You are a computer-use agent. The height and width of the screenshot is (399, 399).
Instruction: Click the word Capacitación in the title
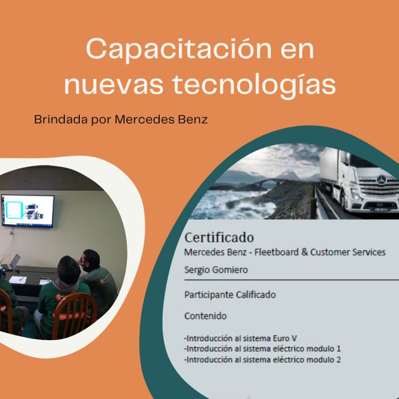pos(179,49)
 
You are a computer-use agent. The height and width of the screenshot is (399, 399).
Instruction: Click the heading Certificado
pos(219,238)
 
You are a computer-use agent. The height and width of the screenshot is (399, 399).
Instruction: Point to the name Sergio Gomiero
pos(216,270)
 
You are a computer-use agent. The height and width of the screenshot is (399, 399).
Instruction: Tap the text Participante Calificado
pos(230,295)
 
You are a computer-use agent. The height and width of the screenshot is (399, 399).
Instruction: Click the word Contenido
pos(205,316)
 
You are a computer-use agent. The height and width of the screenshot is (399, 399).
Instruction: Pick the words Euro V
pos(285,339)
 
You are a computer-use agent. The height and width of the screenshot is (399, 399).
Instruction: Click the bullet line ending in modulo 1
pos(262,349)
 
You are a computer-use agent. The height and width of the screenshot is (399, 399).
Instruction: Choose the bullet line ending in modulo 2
pos(262,360)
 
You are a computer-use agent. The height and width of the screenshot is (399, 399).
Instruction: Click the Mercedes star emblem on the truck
pos(382,180)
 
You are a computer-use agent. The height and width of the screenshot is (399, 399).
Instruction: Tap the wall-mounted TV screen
pos(28,211)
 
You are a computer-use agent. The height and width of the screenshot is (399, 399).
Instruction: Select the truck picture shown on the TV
pos(34,211)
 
